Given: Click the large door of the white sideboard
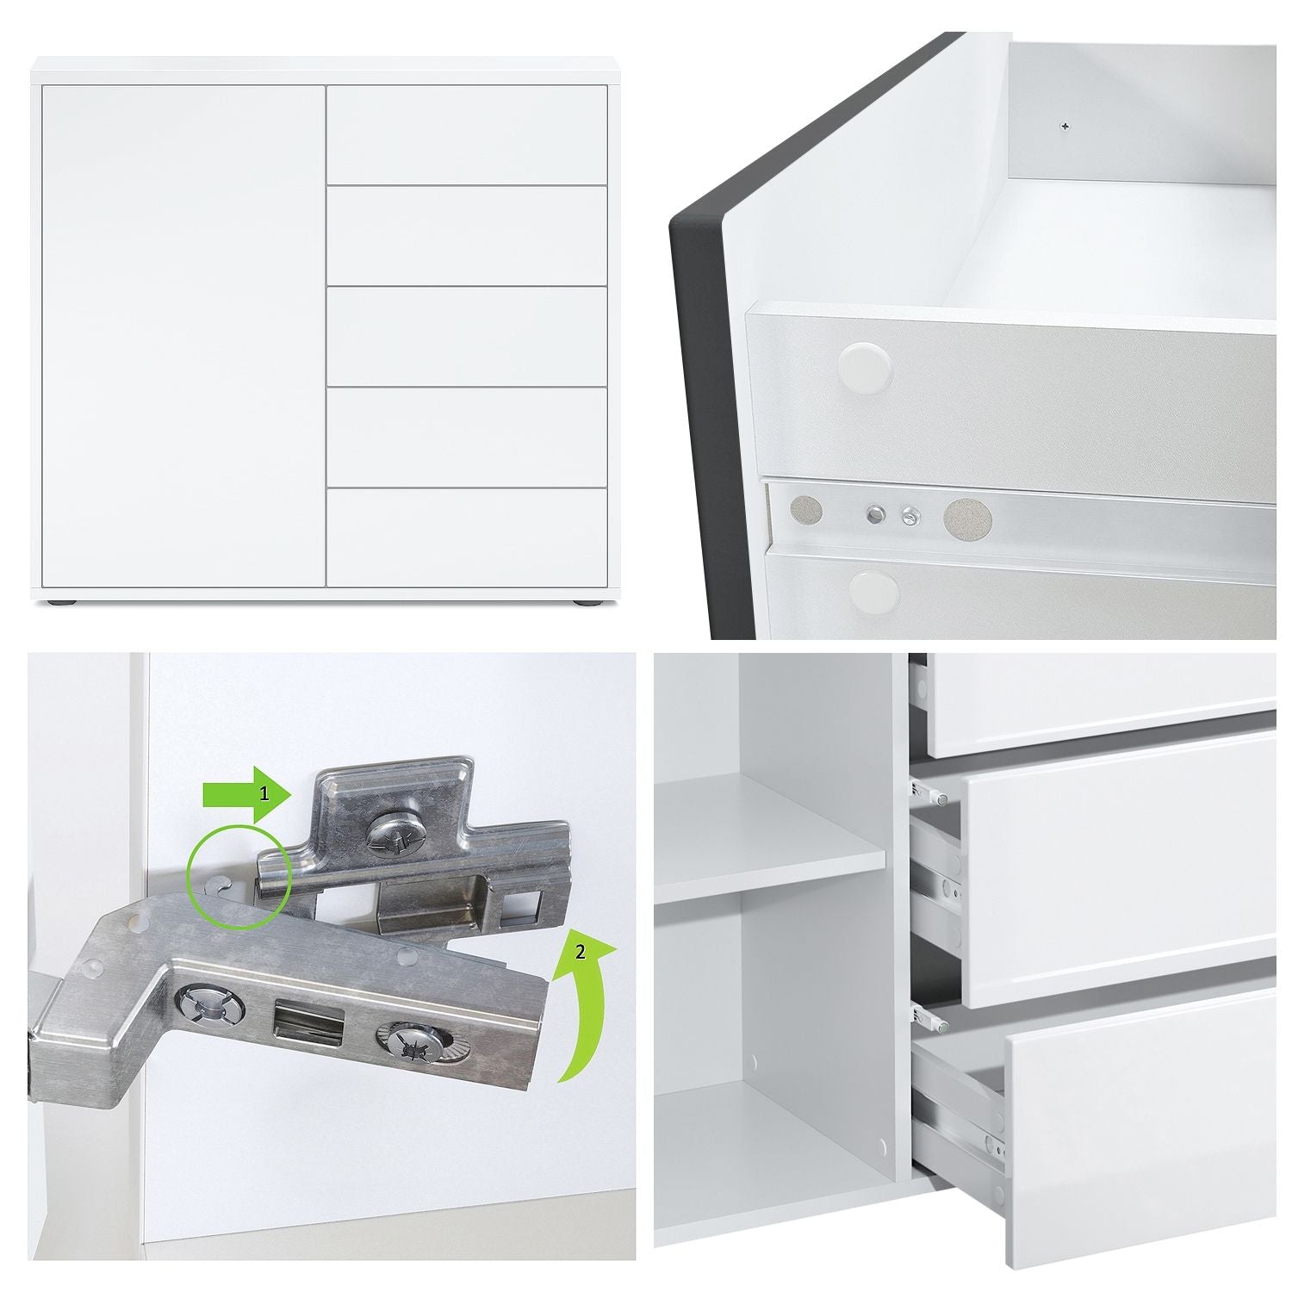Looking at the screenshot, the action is [x=183, y=336].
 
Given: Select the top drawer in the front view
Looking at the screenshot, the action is [x=467, y=134].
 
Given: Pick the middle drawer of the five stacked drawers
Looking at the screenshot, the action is [x=467, y=336].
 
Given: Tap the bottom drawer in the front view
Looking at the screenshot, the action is [x=467, y=538].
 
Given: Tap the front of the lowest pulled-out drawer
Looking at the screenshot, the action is [x=1141, y=1128].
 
